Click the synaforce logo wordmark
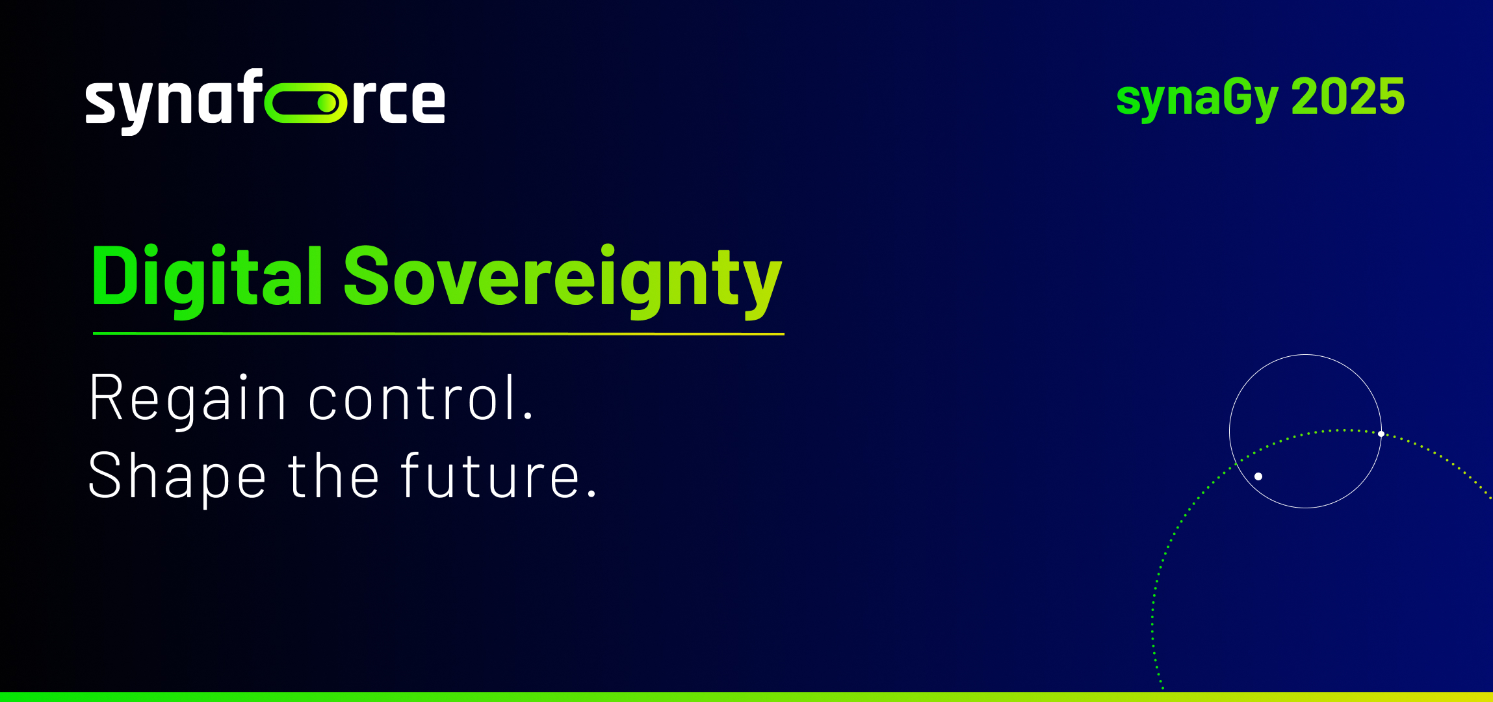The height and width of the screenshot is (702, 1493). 265,101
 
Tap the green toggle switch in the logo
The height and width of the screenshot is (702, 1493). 305,103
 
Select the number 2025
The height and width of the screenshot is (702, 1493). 1348,96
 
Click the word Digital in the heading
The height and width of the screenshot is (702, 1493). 207,278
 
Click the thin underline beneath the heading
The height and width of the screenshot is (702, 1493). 439,334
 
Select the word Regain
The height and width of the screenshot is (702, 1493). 187,398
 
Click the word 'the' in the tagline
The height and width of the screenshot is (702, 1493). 333,475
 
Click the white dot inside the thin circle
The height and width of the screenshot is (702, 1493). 1258,476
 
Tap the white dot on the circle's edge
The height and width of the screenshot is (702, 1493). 1381,434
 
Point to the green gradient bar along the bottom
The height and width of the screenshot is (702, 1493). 746,697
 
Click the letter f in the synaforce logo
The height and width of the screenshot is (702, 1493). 251,96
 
